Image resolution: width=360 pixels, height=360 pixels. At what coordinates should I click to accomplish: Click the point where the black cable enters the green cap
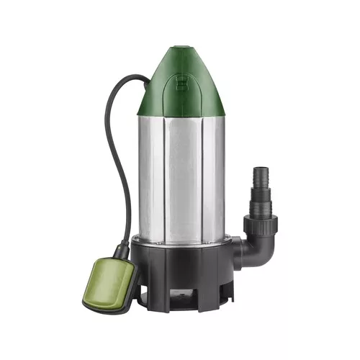coord(147,80)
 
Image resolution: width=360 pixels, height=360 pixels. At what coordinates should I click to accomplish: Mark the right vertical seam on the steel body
coord(204,180)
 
